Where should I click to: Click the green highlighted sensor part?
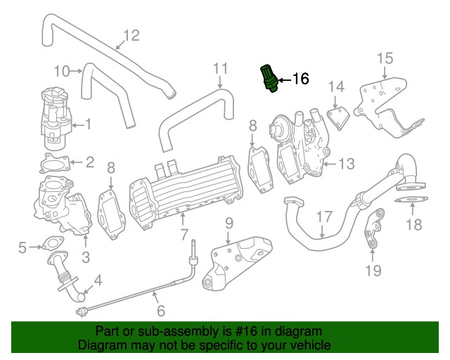click(268, 77)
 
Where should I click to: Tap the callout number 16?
click(300, 79)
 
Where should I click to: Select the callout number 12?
click(131, 34)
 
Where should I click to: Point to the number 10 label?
click(62, 70)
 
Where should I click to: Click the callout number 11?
click(221, 68)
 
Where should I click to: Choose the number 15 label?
click(385, 58)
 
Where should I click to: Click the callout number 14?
click(337, 86)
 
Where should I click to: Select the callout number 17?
click(322, 217)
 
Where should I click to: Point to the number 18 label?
click(414, 225)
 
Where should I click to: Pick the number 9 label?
click(229, 224)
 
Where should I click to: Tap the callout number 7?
click(184, 234)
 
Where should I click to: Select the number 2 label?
click(89, 163)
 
